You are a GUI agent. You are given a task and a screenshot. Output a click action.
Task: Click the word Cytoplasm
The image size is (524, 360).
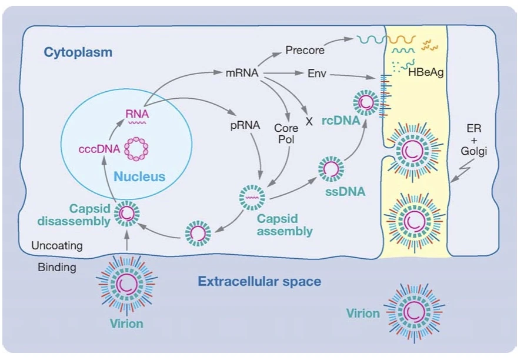78,53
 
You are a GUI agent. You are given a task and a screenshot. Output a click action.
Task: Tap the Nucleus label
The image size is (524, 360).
139,176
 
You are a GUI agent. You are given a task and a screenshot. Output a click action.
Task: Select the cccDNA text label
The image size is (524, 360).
99,149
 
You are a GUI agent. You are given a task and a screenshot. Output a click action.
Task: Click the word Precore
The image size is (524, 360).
305,50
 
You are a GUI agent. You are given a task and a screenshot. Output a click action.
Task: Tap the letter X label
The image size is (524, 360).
308,122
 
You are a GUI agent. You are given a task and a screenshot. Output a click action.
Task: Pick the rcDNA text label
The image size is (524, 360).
338,122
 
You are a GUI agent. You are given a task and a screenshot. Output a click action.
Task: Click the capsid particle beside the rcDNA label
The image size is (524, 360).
366,102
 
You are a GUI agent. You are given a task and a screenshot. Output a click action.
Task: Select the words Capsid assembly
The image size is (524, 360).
285,225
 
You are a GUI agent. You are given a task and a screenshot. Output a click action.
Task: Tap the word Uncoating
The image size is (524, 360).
57,245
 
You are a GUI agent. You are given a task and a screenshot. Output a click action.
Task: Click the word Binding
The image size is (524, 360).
57,268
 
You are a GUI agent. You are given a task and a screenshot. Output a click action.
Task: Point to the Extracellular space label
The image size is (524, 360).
259,281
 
